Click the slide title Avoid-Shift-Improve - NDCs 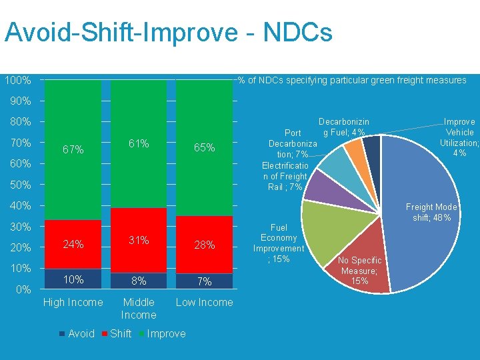coord(168,33)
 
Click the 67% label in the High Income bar coord(73,150)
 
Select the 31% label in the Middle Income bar coord(139,240)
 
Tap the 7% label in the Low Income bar coord(204,282)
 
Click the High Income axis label coord(73,303)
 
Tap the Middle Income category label coord(139,309)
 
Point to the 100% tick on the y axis coord(18,81)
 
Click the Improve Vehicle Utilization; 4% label coord(459,137)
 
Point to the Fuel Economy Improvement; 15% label coord(279,243)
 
